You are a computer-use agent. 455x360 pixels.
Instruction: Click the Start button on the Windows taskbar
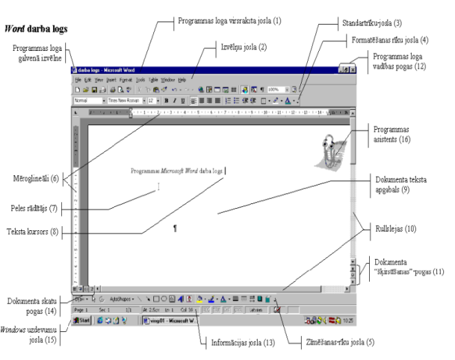point(82,320)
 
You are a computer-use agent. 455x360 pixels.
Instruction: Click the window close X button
point(352,70)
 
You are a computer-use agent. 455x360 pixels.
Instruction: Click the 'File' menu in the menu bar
point(78,80)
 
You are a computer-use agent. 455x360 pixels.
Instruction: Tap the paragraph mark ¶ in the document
point(175,228)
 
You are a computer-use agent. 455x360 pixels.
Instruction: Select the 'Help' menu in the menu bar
point(182,80)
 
